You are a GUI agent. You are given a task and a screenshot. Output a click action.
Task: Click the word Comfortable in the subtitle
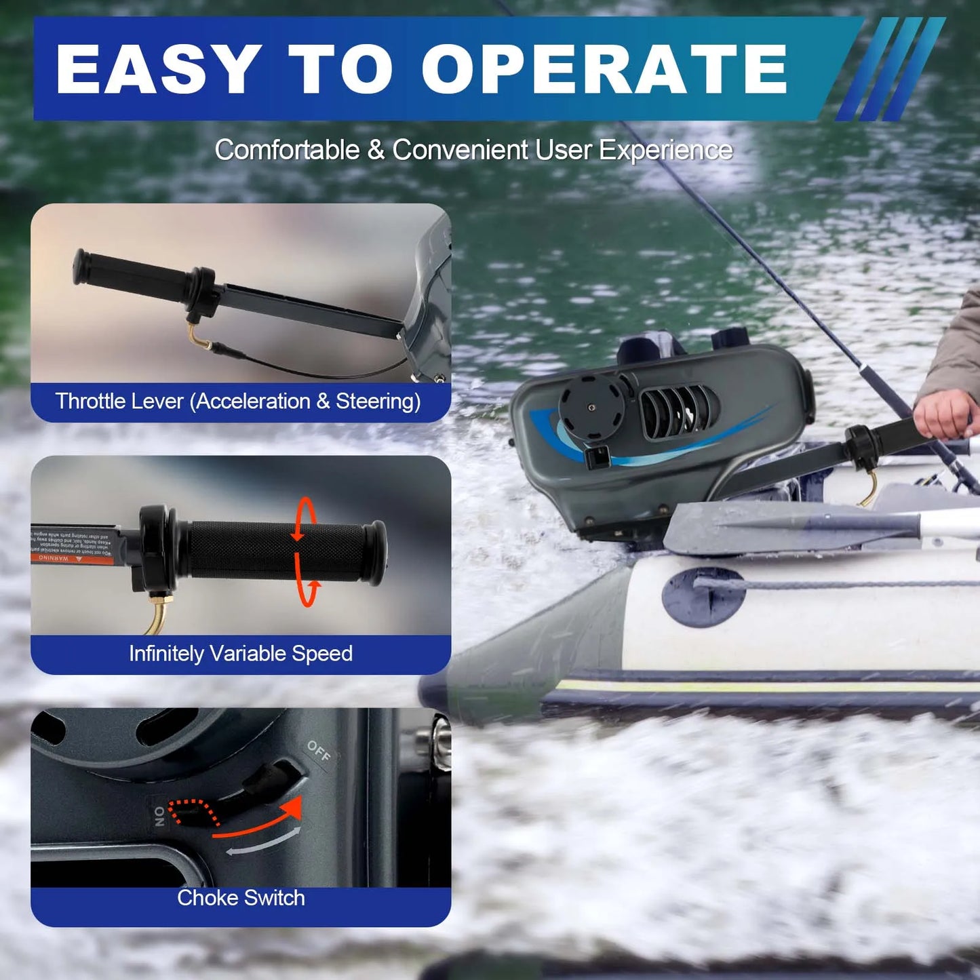(x=287, y=150)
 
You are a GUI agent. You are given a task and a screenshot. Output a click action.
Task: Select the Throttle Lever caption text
(x=238, y=401)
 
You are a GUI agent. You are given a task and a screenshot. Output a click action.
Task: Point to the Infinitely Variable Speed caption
(x=241, y=654)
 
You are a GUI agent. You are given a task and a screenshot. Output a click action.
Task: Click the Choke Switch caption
(x=241, y=898)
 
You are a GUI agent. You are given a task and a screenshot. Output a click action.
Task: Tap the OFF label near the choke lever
(x=318, y=751)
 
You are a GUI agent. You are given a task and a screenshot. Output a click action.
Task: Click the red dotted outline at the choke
(x=194, y=812)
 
